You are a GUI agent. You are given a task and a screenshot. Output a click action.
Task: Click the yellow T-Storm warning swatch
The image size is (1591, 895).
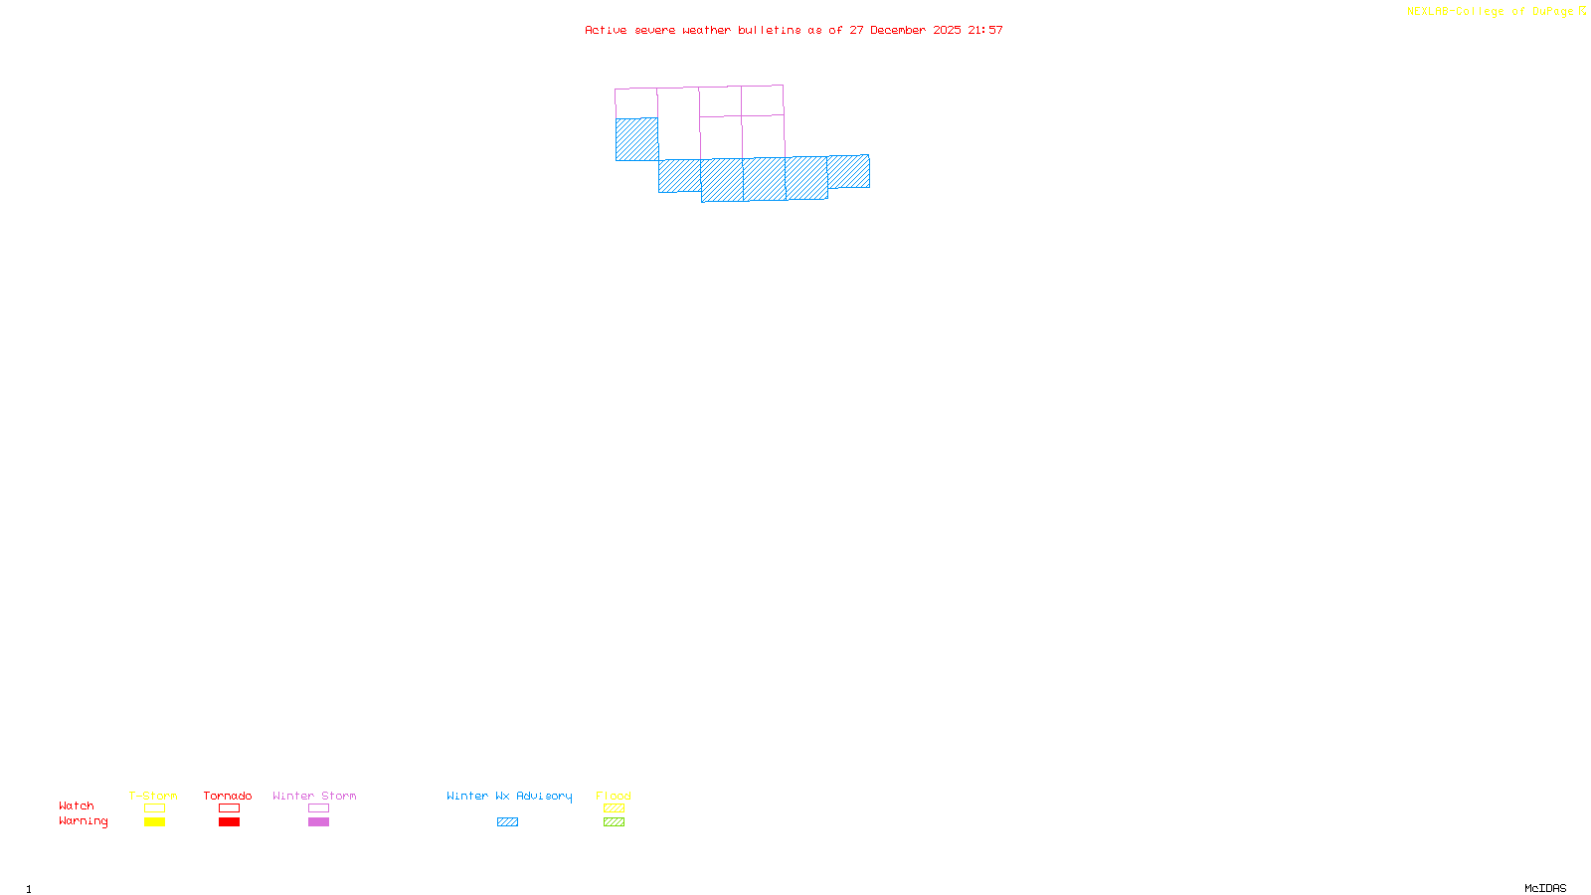pyautogui.click(x=154, y=822)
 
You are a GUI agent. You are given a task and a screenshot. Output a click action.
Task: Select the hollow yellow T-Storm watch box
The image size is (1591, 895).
pyautogui.click(x=154, y=808)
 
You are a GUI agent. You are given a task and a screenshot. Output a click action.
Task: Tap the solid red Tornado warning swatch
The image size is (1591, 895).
pyautogui.click(x=229, y=822)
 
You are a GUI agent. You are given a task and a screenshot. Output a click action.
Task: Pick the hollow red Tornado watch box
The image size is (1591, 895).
pyautogui.click(x=229, y=808)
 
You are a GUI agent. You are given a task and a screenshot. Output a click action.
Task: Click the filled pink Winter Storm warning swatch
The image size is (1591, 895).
pyautogui.click(x=318, y=822)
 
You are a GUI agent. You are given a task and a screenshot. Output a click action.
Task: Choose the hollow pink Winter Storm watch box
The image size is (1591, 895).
pyautogui.click(x=318, y=808)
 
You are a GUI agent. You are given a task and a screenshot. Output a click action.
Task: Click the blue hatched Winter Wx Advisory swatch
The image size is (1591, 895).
pyautogui.click(x=507, y=822)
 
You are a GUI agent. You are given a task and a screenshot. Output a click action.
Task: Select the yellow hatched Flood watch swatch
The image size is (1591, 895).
pyautogui.click(x=614, y=808)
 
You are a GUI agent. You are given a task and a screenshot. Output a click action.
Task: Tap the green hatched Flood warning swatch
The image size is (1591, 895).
pyautogui.click(x=614, y=822)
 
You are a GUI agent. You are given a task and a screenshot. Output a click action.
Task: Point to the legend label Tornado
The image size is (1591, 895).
pyautogui.click(x=228, y=796)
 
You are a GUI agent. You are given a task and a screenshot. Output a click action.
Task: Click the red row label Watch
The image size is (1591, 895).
pyautogui.click(x=77, y=806)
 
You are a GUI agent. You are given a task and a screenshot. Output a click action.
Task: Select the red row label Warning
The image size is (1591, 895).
pyautogui.click(x=83, y=821)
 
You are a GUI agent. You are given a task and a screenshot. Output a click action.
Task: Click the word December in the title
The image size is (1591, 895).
pyautogui.click(x=898, y=31)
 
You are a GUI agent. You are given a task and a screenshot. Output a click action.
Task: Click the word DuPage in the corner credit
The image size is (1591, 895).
pyautogui.click(x=1552, y=12)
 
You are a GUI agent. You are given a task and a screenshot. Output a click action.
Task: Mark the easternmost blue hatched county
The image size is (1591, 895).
pyautogui.click(x=848, y=171)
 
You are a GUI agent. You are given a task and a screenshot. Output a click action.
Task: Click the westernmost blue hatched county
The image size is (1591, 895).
pyautogui.click(x=636, y=139)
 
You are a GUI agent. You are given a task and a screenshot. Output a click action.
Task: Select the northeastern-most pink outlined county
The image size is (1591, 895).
pyautogui.click(x=762, y=100)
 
